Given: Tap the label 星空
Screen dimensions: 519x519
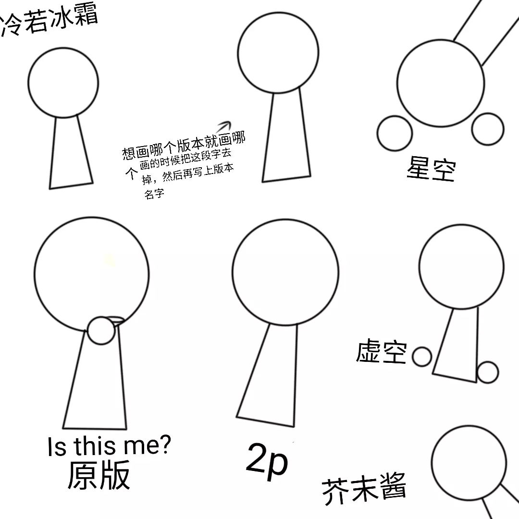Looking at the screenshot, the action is (431, 169).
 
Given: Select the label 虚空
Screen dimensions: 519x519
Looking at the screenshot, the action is (381, 351).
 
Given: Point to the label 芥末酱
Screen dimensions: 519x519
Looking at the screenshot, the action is (364, 489).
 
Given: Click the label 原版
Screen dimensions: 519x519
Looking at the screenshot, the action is (99, 475).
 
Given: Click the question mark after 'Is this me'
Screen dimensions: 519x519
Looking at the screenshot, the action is (164, 444).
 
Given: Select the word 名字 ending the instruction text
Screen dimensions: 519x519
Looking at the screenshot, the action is (154, 194).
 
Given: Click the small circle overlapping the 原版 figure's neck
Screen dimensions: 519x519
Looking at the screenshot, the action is (101, 331).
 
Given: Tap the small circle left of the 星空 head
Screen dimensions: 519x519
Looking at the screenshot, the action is (395, 133).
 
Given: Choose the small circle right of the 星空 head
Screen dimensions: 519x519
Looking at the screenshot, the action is (488, 129).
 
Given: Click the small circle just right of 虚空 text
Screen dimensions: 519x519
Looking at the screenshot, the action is (422, 357).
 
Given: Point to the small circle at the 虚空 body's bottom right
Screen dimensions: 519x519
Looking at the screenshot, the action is (487, 372).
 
